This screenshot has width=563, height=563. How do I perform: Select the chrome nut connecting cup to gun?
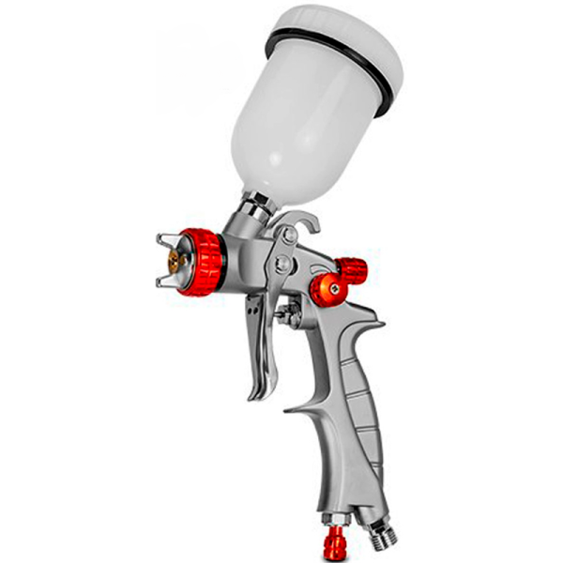click(x=256, y=206)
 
